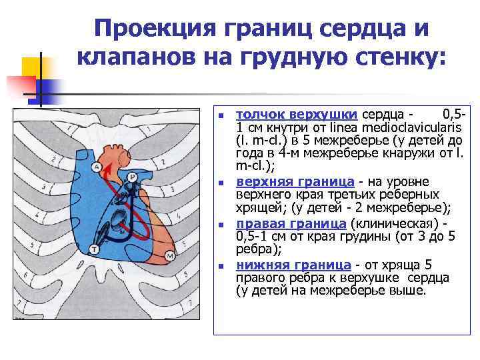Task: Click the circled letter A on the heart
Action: pyautogui.click(x=97, y=166)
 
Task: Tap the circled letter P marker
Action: pyautogui.click(x=132, y=177)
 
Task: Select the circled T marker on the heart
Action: pyautogui.click(x=95, y=249)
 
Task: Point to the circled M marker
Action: pyautogui.click(x=170, y=255)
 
